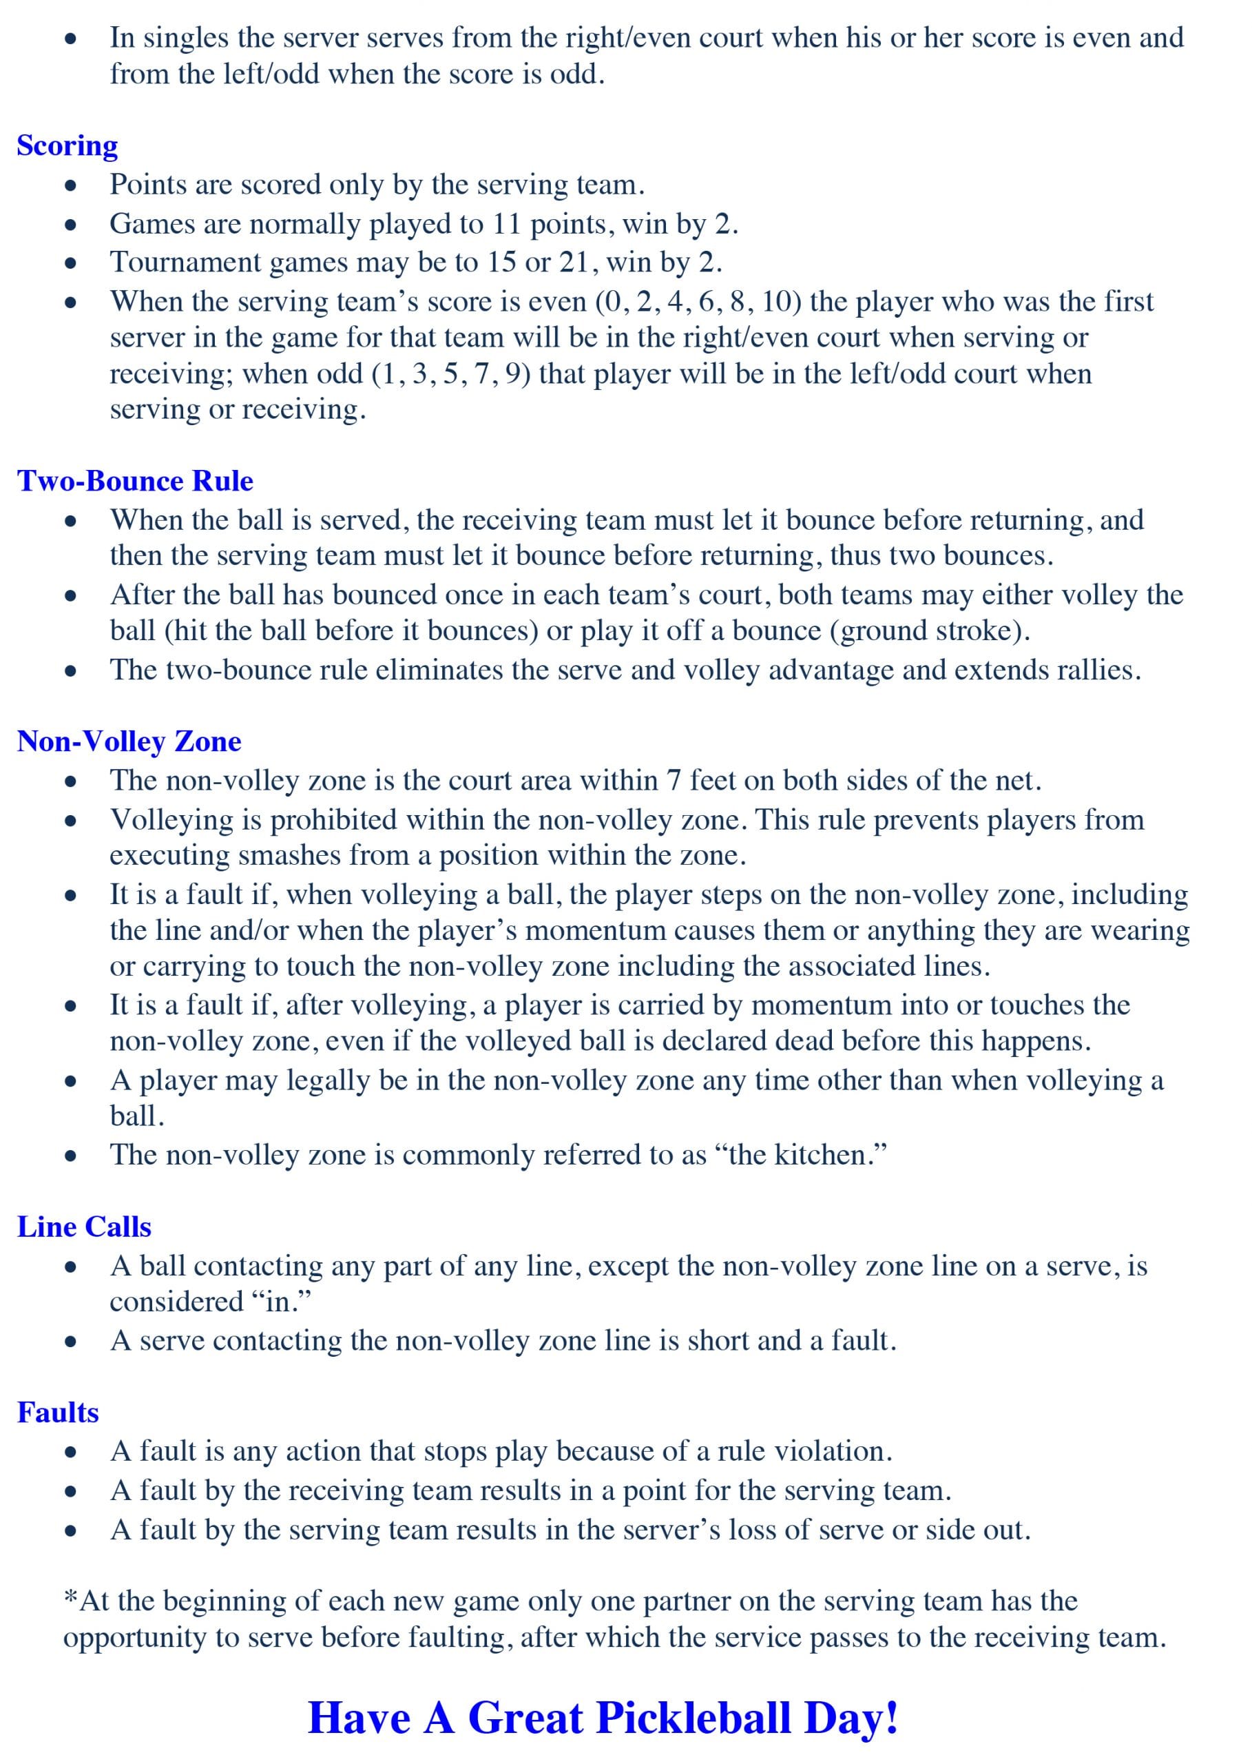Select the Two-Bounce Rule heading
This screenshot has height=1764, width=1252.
coord(135,480)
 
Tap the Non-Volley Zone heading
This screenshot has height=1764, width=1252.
coord(129,741)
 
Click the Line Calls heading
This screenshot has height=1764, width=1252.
coord(84,1227)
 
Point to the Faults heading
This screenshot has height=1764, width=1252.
coord(58,1413)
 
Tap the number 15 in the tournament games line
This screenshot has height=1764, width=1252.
coord(502,263)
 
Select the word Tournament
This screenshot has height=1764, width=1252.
coord(186,263)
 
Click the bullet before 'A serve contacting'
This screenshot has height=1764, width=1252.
coord(71,1342)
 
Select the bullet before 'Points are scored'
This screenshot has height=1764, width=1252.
coord(71,186)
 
